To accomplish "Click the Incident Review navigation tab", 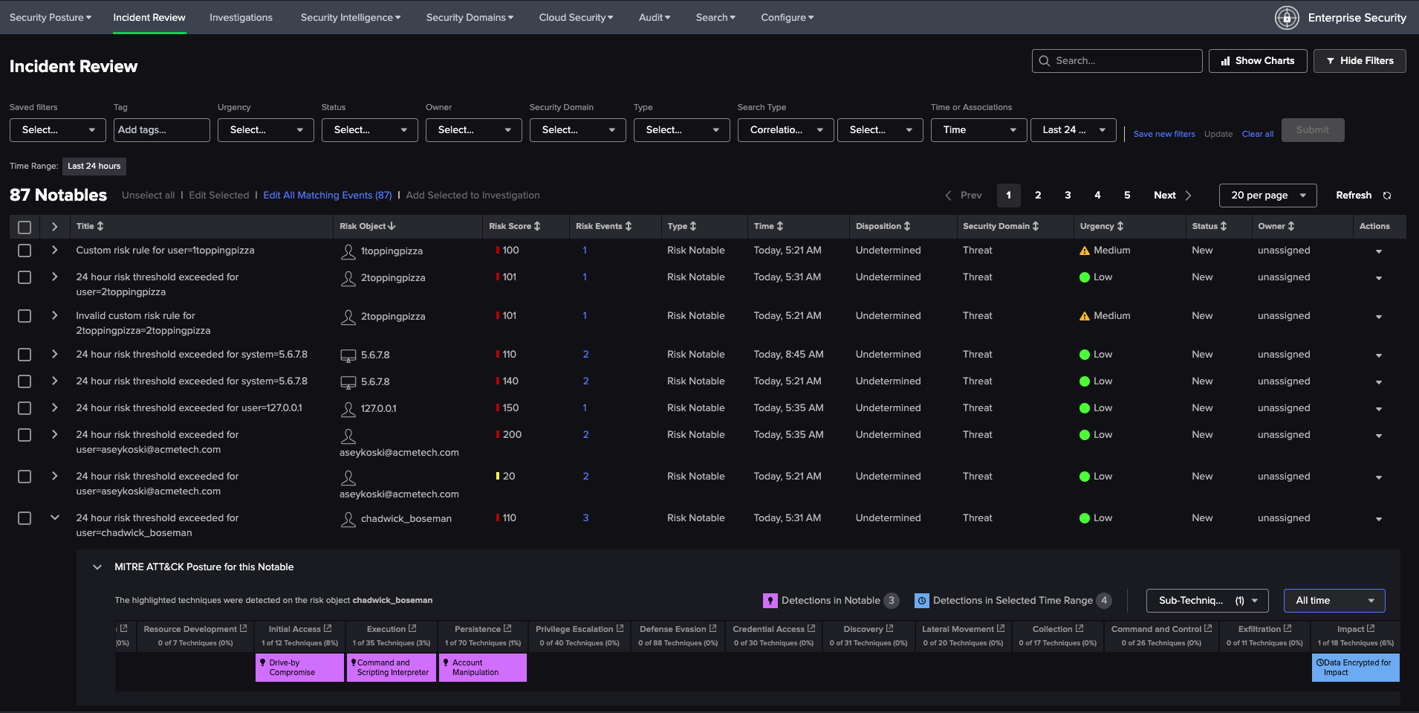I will (149, 17).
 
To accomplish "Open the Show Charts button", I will (1257, 61).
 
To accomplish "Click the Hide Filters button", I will (1360, 61).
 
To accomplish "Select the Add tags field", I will (162, 130).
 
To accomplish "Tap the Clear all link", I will (1257, 134).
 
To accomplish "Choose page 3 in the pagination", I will (1068, 196).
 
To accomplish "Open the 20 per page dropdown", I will (1267, 196).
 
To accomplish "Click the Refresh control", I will (1363, 196).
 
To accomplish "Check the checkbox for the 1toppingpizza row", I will (25, 251).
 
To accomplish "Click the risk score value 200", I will (512, 435).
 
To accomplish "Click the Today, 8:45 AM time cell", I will (788, 355).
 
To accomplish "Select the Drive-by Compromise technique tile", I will (299, 668).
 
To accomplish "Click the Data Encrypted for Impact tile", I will (1355, 668).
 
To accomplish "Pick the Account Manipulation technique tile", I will (482, 668).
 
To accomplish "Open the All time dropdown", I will (1334, 601).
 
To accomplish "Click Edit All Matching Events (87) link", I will (327, 196).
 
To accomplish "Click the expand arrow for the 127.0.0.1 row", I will (54, 407).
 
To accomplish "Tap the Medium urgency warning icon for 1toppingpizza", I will (1085, 251).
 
